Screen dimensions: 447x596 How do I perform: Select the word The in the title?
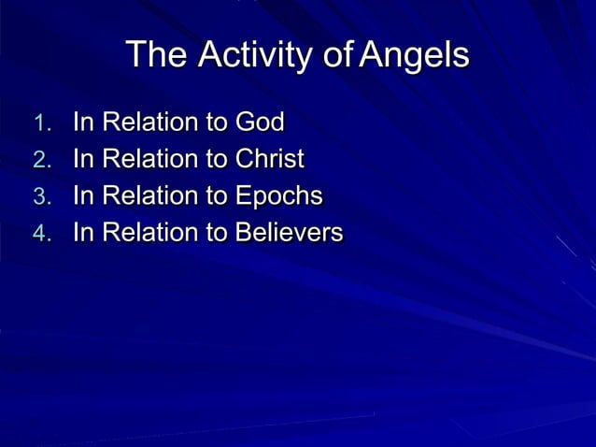tap(155, 55)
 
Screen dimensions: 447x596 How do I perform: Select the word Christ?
tap(269, 159)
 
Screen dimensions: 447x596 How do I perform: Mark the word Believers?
tap(289, 233)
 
